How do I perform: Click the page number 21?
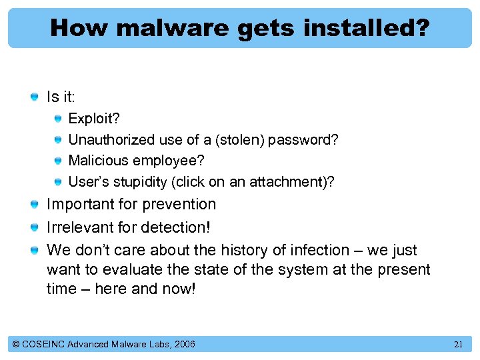pos(458,345)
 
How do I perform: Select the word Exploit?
pos(94,119)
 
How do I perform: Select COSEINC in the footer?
pos(43,344)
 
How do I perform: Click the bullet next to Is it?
pos(34,97)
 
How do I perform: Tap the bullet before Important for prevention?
pos(34,205)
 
